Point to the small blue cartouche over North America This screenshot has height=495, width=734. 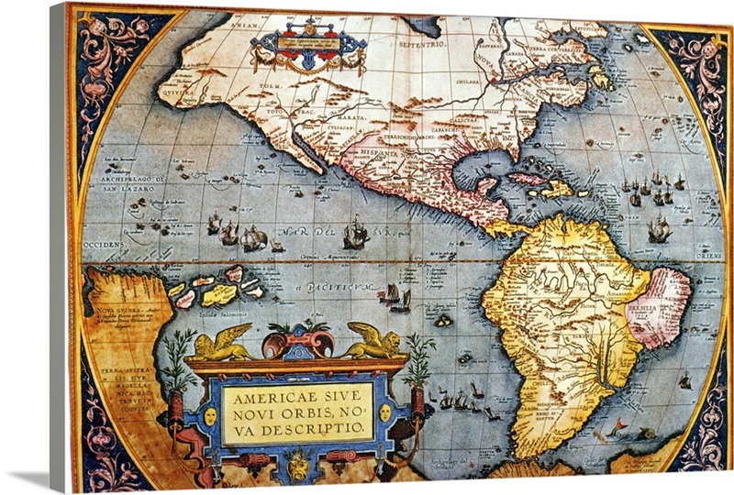pos(309,46)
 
